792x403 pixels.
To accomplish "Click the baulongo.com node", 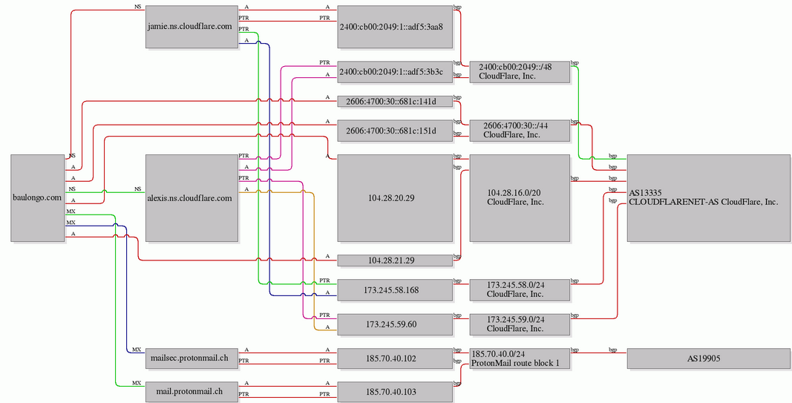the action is (38, 198).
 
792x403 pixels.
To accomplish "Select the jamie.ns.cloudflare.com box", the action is (192, 27).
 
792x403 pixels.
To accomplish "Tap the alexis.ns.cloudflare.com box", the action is (192, 198).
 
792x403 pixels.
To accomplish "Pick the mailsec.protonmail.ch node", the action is (192, 358).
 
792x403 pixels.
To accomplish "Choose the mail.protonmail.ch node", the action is (192, 391).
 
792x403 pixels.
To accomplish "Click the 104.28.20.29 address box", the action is (394, 198).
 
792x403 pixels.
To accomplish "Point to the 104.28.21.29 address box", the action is (394, 261).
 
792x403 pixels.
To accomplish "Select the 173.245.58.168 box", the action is (394, 290).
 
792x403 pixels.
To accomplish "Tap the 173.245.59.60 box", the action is (394, 325).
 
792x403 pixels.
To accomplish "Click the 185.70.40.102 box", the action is (394, 358).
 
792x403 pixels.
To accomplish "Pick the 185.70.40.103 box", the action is (394, 391).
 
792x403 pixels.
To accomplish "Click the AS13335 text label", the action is (645, 193).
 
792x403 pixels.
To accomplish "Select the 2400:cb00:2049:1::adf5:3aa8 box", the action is (394, 27).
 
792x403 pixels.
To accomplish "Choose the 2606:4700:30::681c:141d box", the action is (394, 102).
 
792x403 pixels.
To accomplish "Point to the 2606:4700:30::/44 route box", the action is (520, 131).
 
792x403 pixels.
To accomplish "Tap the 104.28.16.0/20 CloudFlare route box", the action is (520, 198).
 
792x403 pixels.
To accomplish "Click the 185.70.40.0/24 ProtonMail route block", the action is (520, 358).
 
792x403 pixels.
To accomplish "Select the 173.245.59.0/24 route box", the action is (520, 325).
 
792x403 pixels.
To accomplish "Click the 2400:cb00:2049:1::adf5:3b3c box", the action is (394, 72).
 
